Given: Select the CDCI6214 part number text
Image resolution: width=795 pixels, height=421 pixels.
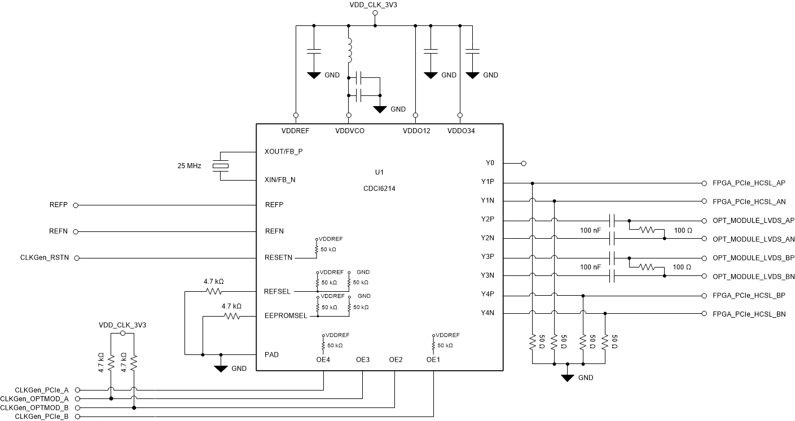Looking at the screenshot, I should (x=379, y=189).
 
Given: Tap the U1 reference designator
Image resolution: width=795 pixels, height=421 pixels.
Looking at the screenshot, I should (x=379, y=172).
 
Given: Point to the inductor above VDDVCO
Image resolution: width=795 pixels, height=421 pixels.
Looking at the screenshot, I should (x=349, y=50).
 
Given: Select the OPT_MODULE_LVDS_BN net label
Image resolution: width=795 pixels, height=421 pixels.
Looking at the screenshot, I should (x=753, y=277).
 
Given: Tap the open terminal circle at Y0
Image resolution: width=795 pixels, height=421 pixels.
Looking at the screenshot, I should (x=524, y=164).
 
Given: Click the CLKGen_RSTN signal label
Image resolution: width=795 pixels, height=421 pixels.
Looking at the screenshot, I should (x=44, y=258).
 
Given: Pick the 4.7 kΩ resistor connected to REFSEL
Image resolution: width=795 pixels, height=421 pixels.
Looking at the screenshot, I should (x=214, y=292).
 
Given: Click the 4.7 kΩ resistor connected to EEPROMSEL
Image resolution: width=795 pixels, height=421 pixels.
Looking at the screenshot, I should (x=232, y=317).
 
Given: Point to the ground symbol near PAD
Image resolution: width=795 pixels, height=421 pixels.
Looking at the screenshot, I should (x=221, y=367).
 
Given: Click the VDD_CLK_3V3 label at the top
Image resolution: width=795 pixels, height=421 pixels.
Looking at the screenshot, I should (x=375, y=5).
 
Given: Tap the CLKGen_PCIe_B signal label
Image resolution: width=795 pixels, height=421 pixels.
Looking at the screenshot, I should (x=42, y=416).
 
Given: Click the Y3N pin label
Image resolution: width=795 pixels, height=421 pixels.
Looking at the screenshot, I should (x=487, y=275).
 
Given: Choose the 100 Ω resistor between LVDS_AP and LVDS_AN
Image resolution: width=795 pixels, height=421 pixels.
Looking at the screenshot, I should (x=647, y=230).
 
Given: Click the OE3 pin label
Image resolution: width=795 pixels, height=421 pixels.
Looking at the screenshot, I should (x=363, y=359).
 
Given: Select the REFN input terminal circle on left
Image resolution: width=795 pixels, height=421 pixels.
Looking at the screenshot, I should (x=76, y=231).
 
